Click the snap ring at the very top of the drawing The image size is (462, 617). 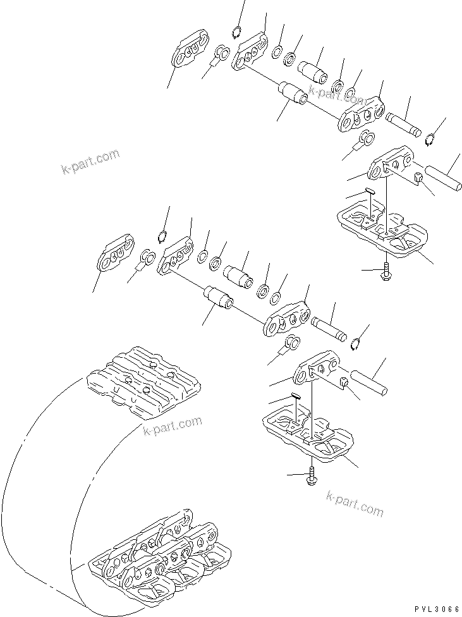coord(237,33)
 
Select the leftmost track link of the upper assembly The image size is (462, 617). coord(190,51)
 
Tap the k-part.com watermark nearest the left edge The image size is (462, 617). coord(90,163)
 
